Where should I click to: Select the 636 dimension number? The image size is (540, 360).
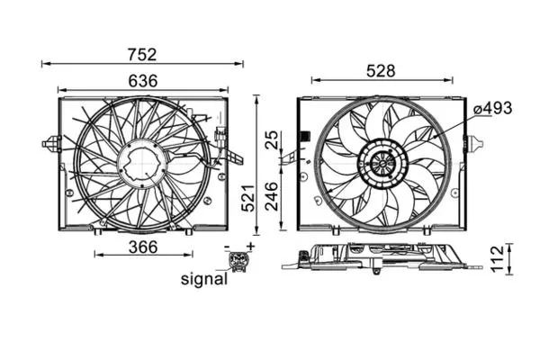click(142, 80)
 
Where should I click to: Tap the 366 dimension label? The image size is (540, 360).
click(142, 246)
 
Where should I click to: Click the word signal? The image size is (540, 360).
click(202, 279)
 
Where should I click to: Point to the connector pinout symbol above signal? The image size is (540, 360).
click(238, 262)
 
